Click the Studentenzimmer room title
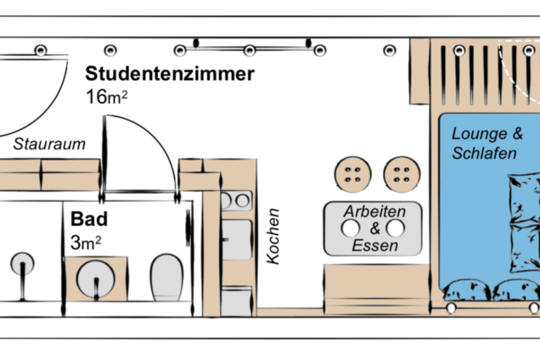[x=170, y=74]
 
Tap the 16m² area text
[x=107, y=97]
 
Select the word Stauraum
[x=49, y=144]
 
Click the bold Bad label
[x=89, y=219]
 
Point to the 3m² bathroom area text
[x=86, y=243]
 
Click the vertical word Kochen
[x=273, y=236]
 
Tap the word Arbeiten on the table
[x=374, y=211]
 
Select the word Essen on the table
[x=374, y=245]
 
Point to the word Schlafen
[x=484, y=154]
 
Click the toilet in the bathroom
[x=167, y=278]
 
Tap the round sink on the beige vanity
[x=95, y=279]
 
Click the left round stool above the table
[x=352, y=174]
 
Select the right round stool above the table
[x=402, y=174]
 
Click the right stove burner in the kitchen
[x=243, y=200]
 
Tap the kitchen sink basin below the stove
[x=237, y=239]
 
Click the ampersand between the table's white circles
[x=374, y=228]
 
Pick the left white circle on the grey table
[x=351, y=228]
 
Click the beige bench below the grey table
[x=377, y=290]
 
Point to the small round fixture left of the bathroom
[x=22, y=265]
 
